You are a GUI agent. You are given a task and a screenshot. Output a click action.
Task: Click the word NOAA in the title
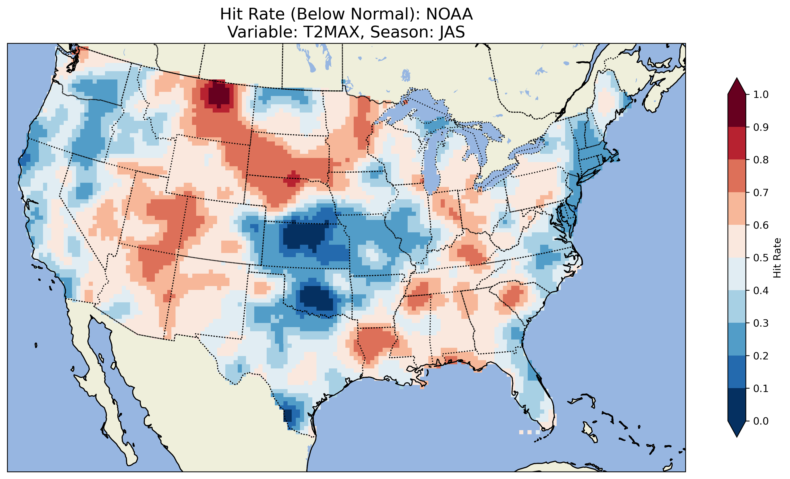449,14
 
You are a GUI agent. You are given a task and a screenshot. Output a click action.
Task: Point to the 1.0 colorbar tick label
761,95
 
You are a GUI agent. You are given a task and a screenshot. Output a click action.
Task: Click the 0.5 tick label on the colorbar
761,258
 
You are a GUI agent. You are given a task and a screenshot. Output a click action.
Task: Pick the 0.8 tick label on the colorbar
761,160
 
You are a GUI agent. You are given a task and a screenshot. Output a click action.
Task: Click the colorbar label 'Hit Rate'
777,258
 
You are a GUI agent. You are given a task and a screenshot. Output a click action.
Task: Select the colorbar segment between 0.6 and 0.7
737,209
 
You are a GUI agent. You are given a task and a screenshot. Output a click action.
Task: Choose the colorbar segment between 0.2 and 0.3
737,339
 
